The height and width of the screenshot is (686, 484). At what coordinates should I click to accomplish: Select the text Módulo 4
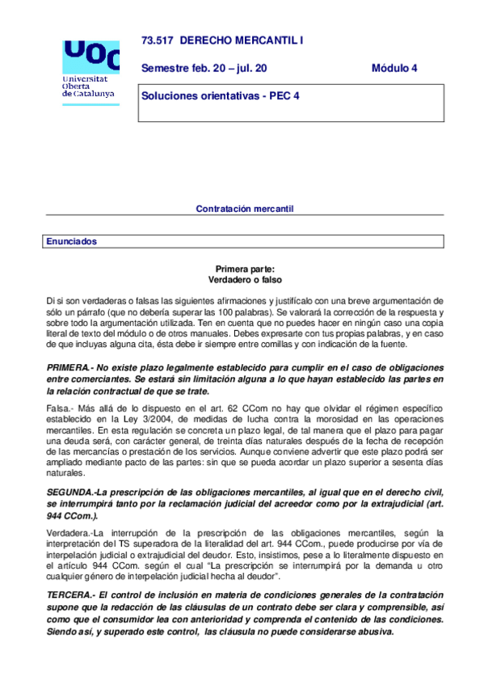tap(394, 68)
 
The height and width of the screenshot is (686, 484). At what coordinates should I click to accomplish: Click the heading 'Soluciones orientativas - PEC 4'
tap(221, 95)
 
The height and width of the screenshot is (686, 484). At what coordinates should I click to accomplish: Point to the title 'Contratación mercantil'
tap(245, 209)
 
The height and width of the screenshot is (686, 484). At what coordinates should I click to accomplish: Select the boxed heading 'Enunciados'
tap(72, 241)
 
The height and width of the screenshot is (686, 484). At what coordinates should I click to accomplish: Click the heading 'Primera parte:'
tap(245, 269)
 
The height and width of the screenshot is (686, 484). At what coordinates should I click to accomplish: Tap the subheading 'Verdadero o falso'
tap(245, 280)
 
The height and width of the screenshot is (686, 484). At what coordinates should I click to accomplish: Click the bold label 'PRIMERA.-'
tap(69, 368)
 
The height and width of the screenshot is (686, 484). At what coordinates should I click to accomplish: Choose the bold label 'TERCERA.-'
tap(71, 595)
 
